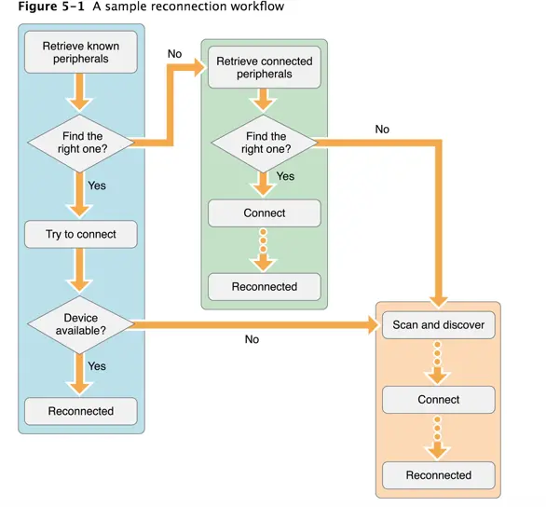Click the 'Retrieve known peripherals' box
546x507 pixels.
(x=81, y=52)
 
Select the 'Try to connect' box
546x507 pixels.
(x=81, y=234)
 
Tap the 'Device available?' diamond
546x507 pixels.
(x=81, y=324)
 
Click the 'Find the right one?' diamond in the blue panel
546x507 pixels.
(x=81, y=143)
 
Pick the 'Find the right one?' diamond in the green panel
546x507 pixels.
(x=265, y=143)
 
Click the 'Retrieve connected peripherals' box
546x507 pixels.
(x=265, y=67)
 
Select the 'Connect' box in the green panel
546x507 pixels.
(x=265, y=213)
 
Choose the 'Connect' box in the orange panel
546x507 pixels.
(x=438, y=400)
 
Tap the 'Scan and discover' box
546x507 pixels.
(x=438, y=325)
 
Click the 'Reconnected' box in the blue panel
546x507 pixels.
(x=81, y=411)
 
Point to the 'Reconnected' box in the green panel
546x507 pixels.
(x=265, y=287)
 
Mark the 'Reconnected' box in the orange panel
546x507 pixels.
(x=438, y=475)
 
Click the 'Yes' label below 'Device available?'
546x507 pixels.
(x=97, y=366)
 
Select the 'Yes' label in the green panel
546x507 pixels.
(x=285, y=176)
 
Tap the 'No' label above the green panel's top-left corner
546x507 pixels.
(x=174, y=54)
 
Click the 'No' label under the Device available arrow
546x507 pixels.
(x=252, y=340)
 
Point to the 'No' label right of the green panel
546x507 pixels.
(x=382, y=130)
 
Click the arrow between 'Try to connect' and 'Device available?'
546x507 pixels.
(x=81, y=272)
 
